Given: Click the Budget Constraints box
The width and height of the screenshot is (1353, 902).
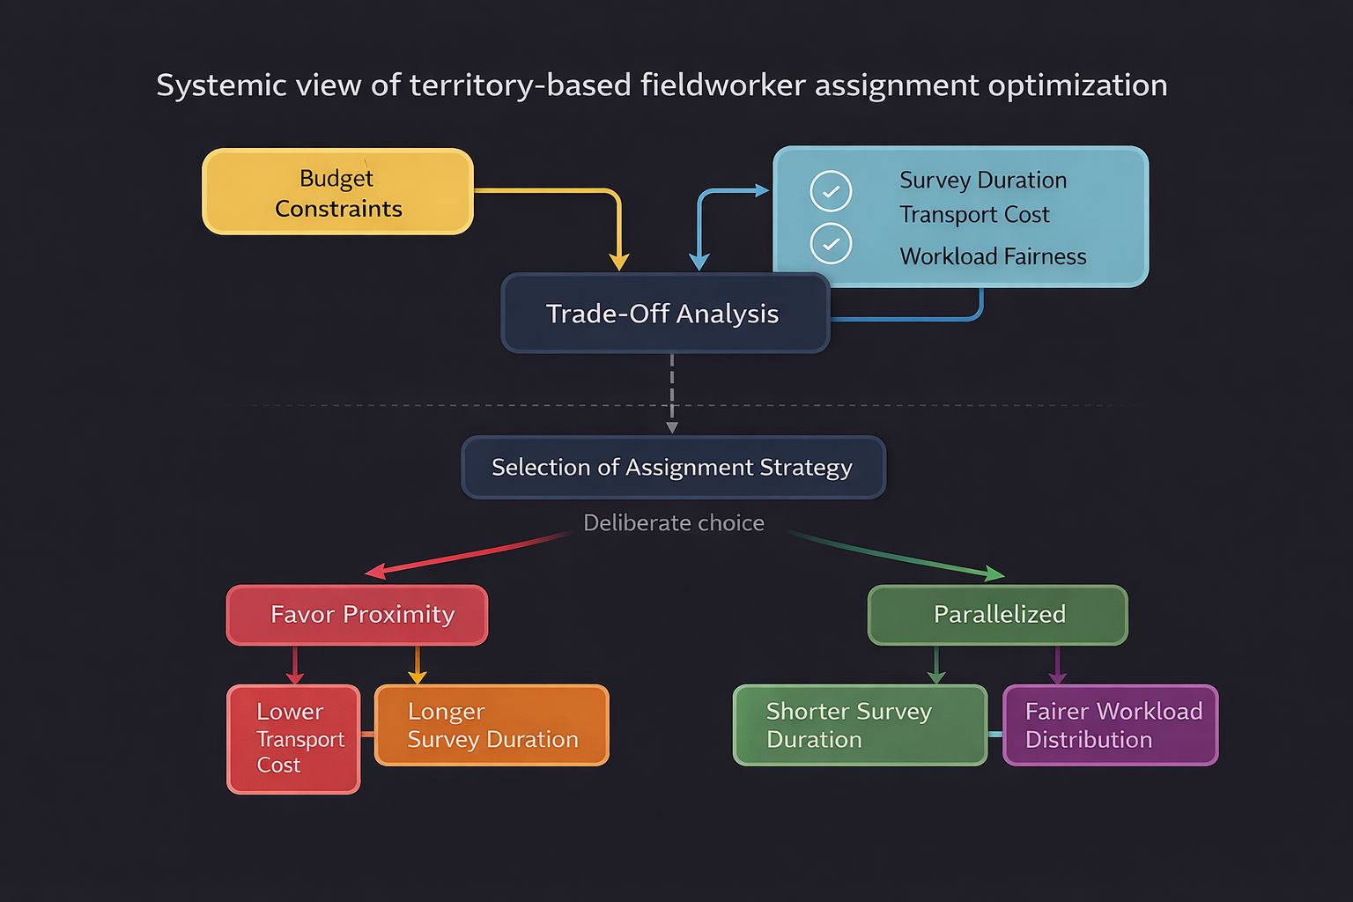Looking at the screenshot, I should pos(338,192).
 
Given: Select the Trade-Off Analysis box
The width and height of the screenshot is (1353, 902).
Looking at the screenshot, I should pos(665,314).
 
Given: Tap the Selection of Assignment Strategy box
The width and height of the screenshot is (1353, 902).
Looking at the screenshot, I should pos(673,467).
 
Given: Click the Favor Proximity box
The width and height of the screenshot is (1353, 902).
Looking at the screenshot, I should pos(357,615).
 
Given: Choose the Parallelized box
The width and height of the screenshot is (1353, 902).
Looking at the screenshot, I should pos(997,615).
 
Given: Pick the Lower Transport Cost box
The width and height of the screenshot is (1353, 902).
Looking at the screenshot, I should pos(293,739).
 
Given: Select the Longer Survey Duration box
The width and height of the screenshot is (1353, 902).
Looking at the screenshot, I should pos(492,725).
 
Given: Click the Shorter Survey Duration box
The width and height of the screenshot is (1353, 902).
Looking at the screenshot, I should pos(860,725).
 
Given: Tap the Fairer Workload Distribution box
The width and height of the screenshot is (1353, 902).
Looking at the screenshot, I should pos(1110,725).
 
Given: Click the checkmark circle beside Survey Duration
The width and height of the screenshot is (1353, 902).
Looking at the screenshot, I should pos(831,191).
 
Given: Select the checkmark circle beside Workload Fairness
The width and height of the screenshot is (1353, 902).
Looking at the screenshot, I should pos(831,244).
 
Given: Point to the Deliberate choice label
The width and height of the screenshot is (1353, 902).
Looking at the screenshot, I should pos(674,523).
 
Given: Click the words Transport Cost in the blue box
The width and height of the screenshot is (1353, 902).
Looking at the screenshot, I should pos(974,215).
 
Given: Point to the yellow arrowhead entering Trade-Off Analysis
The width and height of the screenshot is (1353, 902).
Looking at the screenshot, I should pos(619,262).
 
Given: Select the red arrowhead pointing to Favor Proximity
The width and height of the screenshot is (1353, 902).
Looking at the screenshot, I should pos(374,573).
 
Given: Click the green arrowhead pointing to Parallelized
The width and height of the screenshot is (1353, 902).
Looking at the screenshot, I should pos(995,574).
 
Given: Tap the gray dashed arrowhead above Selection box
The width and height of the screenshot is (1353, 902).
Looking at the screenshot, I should pos(672,428).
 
